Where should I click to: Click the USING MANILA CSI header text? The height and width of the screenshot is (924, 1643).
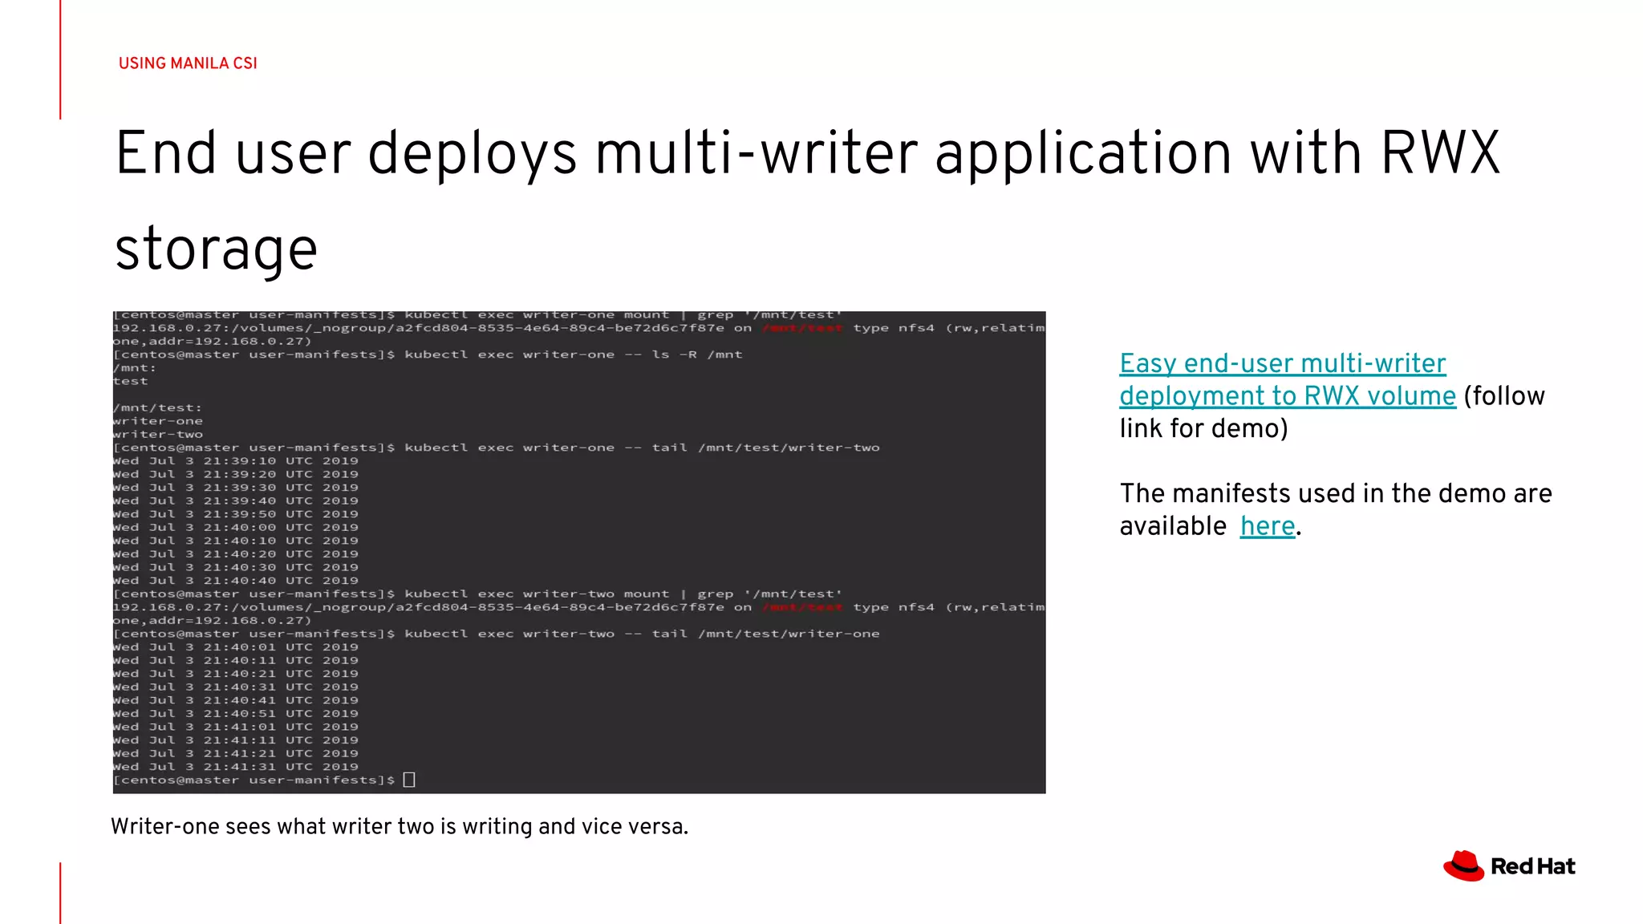188,63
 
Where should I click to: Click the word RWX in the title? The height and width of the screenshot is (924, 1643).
1439,153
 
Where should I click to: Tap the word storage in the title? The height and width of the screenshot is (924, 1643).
216,249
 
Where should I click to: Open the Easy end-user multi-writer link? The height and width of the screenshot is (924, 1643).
1282,363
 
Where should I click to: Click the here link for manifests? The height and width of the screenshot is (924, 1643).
1267,526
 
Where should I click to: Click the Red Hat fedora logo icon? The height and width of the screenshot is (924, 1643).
1463,866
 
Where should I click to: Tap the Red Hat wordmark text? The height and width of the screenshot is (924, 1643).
1532,867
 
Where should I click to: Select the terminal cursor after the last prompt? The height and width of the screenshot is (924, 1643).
409,780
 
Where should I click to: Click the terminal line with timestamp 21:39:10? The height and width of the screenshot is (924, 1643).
236,461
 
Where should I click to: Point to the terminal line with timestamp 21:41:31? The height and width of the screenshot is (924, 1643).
236,767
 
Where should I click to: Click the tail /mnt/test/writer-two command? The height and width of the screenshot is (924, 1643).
765,448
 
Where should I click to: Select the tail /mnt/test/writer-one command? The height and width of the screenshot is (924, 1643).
765,634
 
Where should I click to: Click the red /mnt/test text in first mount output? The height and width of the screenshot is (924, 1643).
802,328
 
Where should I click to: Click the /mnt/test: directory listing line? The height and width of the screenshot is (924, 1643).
157,407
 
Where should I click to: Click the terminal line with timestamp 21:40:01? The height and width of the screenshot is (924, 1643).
236,647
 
